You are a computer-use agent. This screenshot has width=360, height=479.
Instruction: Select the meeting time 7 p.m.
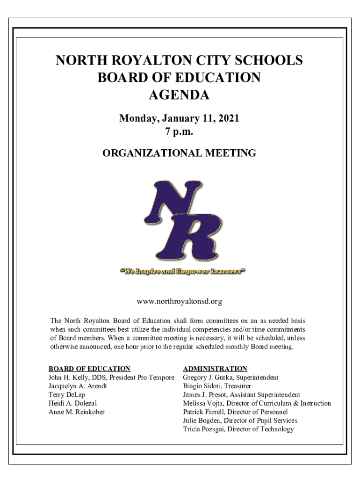click(x=179, y=132)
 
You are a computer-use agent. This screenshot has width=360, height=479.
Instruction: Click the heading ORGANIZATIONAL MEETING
click(x=179, y=153)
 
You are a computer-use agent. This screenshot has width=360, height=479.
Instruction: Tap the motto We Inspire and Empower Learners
click(x=183, y=271)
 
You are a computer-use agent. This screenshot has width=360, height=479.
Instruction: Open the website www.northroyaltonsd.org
click(x=179, y=302)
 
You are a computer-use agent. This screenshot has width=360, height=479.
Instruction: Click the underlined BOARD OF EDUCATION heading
click(x=89, y=369)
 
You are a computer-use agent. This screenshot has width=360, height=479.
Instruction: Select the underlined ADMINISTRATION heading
click(x=215, y=369)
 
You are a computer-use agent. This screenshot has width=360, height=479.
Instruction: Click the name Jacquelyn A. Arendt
click(x=78, y=386)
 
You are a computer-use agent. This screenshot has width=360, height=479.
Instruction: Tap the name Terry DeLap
click(x=67, y=395)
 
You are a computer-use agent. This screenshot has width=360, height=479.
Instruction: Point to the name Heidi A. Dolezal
click(x=73, y=403)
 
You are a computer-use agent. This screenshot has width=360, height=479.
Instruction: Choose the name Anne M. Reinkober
click(x=77, y=412)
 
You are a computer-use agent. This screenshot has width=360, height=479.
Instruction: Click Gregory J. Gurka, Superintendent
click(x=230, y=377)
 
